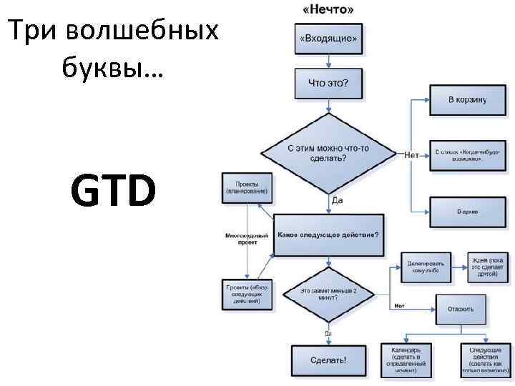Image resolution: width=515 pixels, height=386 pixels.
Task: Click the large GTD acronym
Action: click(113, 192)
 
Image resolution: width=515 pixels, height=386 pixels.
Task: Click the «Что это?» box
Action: click(328, 83)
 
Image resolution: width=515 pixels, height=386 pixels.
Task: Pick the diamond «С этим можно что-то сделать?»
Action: click(328, 153)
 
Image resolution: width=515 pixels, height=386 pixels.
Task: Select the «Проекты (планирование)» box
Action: click(247, 188)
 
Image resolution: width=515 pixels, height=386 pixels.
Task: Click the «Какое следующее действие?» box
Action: click(328, 234)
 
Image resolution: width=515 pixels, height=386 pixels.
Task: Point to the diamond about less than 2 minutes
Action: click(328, 294)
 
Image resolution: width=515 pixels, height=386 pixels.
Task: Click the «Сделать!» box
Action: click(328, 360)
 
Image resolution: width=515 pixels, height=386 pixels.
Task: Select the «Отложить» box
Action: click(460, 310)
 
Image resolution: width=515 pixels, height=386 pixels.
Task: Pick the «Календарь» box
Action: click(411, 359)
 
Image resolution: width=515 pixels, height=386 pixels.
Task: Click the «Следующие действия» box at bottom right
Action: click(484, 359)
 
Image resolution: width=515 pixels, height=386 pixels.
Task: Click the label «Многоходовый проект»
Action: click(246, 238)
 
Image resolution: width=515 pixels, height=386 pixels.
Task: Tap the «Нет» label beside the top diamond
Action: click(411, 154)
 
